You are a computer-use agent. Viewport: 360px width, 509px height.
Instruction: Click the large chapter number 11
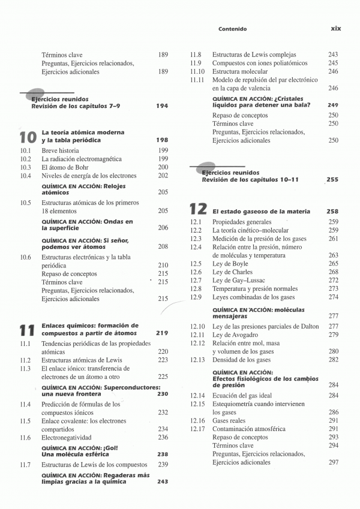click(27, 330)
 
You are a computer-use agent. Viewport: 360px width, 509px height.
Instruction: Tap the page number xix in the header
click(337, 28)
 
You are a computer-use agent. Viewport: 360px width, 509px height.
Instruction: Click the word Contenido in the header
click(233, 28)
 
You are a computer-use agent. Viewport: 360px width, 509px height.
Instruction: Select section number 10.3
click(25, 167)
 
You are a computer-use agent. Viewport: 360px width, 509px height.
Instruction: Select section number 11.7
click(25, 465)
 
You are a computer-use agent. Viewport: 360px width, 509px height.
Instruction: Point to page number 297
click(334, 463)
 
